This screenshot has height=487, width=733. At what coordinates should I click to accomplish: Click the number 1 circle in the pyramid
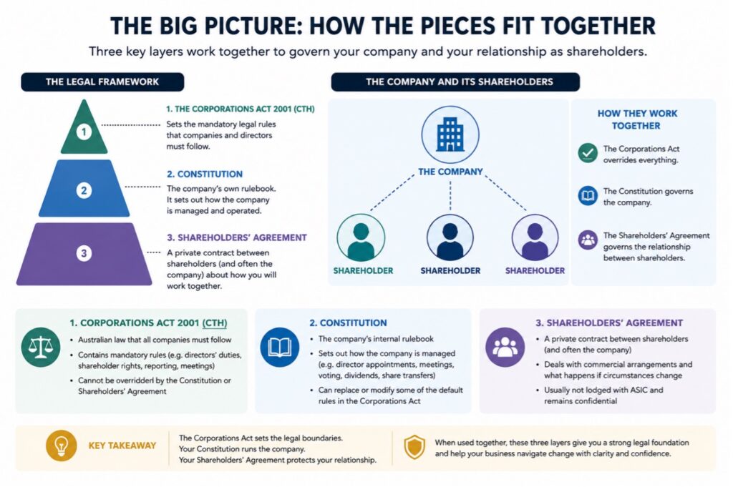pos(84,132)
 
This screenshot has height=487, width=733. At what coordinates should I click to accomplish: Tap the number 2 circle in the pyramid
pos(84,190)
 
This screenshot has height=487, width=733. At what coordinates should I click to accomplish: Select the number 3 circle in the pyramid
pos(84,253)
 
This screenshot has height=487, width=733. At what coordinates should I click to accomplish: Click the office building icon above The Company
pos(450,134)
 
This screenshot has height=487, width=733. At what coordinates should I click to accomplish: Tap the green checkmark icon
pos(588,153)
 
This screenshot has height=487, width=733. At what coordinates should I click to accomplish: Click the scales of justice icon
pos(41,347)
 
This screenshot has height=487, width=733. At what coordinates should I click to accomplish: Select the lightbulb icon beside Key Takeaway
pos(62,446)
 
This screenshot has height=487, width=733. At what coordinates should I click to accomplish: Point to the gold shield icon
pos(414,447)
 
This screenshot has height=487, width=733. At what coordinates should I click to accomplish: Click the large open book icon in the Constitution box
pos(280,347)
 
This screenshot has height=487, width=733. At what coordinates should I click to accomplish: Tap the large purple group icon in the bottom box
pos(505,347)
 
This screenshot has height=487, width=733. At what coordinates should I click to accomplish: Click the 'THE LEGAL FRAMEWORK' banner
pos(102,82)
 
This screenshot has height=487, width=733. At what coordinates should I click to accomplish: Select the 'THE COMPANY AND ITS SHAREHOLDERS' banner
pos(455,82)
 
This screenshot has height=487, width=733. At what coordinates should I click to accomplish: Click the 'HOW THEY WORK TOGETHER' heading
pos(636,119)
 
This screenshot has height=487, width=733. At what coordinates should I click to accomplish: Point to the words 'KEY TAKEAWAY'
pos(122,446)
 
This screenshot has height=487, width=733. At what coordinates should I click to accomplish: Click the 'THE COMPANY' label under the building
pos(450,172)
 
